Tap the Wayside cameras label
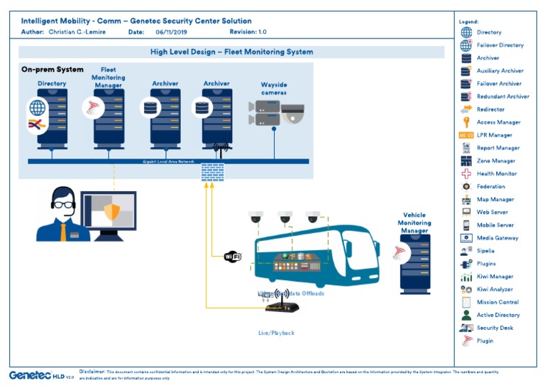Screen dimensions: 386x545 pyautogui.click(x=274, y=88)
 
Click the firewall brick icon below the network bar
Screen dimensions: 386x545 pyautogui.click(x=212, y=171)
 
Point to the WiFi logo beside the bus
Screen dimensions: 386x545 pyautogui.click(x=232, y=257)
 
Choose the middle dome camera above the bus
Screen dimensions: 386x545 pyautogui.click(x=285, y=217)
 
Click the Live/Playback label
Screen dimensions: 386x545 pyautogui.click(x=276, y=333)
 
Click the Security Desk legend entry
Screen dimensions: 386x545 pyautogui.click(x=494, y=328)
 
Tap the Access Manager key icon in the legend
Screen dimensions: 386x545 pyautogui.click(x=466, y=122)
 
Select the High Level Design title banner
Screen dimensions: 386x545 pyautogui.click(x=231, y=52)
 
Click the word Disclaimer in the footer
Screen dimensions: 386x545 pyautogui.click(x=92, y=371)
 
